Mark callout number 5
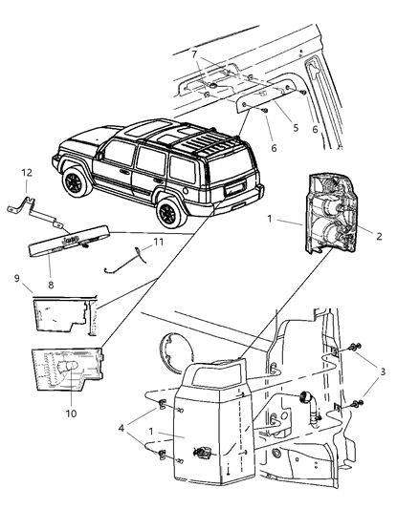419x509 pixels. [269, 127]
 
